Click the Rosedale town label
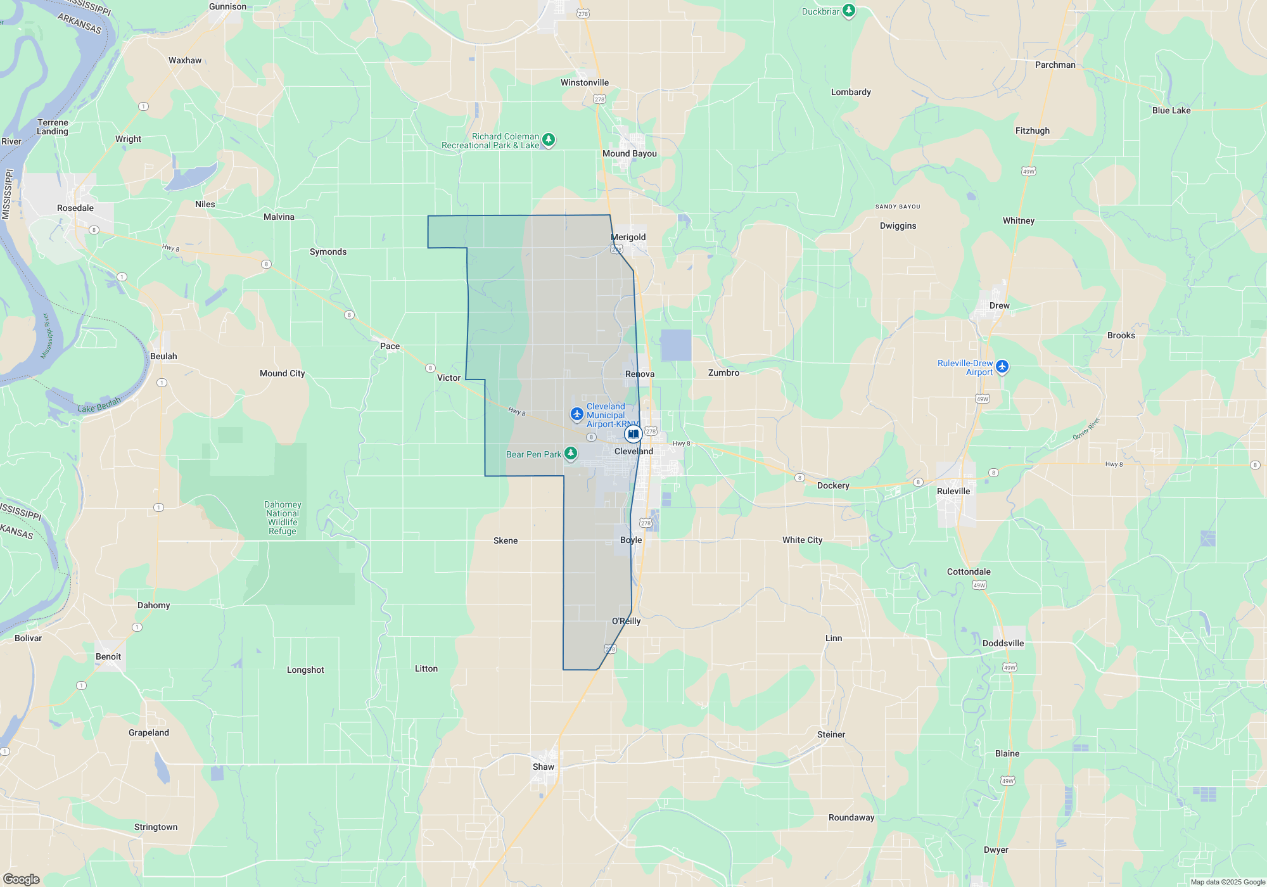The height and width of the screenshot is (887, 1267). point(75,208)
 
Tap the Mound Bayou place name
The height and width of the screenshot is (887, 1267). point(629,153)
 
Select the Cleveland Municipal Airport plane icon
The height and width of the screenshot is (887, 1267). point(576,414)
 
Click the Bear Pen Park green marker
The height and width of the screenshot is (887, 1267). point(571,453)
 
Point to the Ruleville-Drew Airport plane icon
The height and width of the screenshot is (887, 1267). point(1002,366)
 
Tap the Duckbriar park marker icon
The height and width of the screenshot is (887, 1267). point(849,11)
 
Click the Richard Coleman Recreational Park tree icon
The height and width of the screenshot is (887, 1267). point(549,139)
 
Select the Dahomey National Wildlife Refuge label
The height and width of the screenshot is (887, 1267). point(283,518)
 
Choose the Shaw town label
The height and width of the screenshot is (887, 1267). point(543,767)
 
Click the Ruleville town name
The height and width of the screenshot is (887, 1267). point(953,491)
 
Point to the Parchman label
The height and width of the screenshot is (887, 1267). point(1055,65)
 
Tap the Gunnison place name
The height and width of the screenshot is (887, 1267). point(227,6)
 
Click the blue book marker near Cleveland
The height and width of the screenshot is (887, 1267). point(633,434)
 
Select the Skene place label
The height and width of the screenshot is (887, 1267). point(505,540)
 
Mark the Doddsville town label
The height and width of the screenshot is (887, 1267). point(1003,643)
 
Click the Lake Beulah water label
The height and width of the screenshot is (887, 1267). point(99,405)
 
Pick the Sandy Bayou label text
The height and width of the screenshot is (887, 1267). point(897,207)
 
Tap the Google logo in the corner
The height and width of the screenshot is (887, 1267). point(21,879)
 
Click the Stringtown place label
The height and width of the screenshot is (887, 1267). point(156,827)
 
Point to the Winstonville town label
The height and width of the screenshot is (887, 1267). point(584,82)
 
